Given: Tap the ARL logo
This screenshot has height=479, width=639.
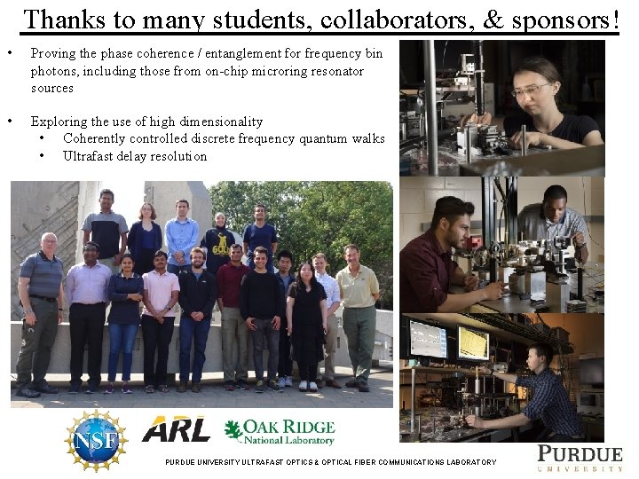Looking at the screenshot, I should (177, 429).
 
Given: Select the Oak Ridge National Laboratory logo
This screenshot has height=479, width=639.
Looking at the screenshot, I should (280, 432).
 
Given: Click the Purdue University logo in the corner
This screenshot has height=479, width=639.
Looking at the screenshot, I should (580, 457).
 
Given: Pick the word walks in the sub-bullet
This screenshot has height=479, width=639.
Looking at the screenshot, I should (367, 138).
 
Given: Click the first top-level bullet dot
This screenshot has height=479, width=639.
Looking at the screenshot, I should (10, 53).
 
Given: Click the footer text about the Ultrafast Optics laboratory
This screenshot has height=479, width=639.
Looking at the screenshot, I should (330, 462).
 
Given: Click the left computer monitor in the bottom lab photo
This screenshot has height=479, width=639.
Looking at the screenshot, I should (428, 339).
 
